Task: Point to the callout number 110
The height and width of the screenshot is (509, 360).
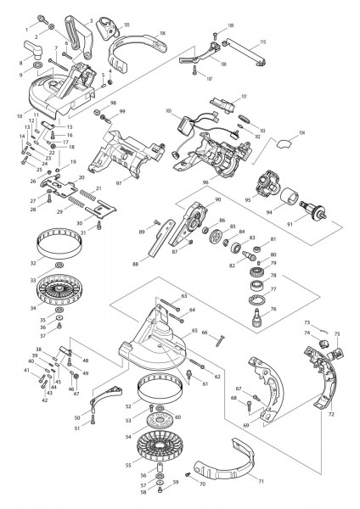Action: [x=262, y=42]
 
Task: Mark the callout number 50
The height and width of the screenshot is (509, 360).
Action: [x=77, y=417]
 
